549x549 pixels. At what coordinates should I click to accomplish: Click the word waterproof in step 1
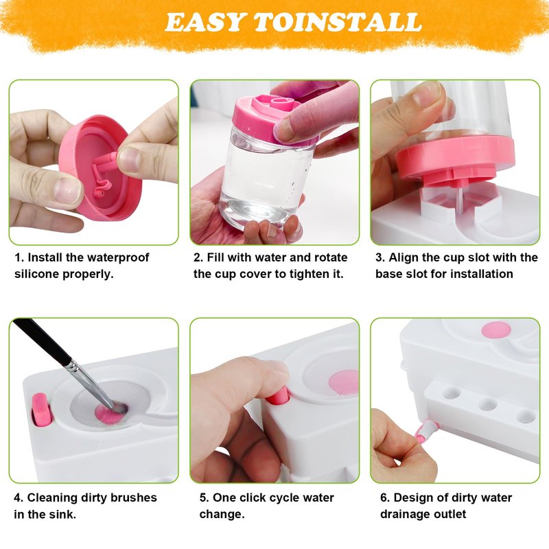tap(118, 258)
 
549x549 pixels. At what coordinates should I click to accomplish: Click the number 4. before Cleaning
tap(19, 498)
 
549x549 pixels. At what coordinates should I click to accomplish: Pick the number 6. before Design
tap(385, 498)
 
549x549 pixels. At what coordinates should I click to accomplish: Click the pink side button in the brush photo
tap(40, 409)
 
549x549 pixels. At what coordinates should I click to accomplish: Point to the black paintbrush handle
tap(43, 341)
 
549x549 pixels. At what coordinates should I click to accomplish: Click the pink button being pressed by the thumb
tap(278, 398)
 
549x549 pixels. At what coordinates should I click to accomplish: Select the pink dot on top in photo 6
tap(495, 331)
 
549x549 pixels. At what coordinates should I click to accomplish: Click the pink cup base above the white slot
tap(455, 160)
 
